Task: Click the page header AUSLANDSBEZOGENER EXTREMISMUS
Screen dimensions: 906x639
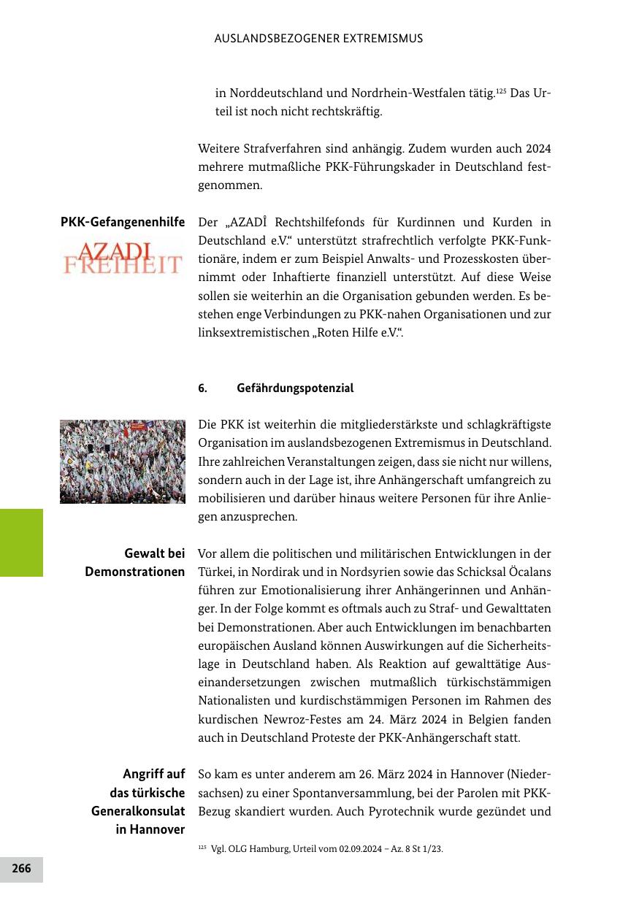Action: pyautogui.click(x=318, y=39)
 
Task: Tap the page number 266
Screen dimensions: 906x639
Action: pyautogui.click(x=21, y=869)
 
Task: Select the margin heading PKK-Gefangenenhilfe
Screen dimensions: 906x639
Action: pyautogui.click(x=122, y=222)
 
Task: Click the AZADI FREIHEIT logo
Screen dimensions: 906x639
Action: pyautogui.click(x=122, y=257)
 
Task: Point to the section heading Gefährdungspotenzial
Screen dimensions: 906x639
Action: pyautogui.click(x=295, y=388)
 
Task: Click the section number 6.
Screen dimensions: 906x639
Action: pyautogui.click(x=202, y=388)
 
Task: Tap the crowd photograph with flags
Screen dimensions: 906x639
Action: pyautogui.click(x=122, y=461)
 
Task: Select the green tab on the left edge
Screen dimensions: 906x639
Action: pyautogui.click(x=21, y=542)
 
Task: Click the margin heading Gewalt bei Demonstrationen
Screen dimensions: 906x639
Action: pyautogui.click(x=134, y=563)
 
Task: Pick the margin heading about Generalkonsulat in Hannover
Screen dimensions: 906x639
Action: pyautogui.click(x=138, y=802)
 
